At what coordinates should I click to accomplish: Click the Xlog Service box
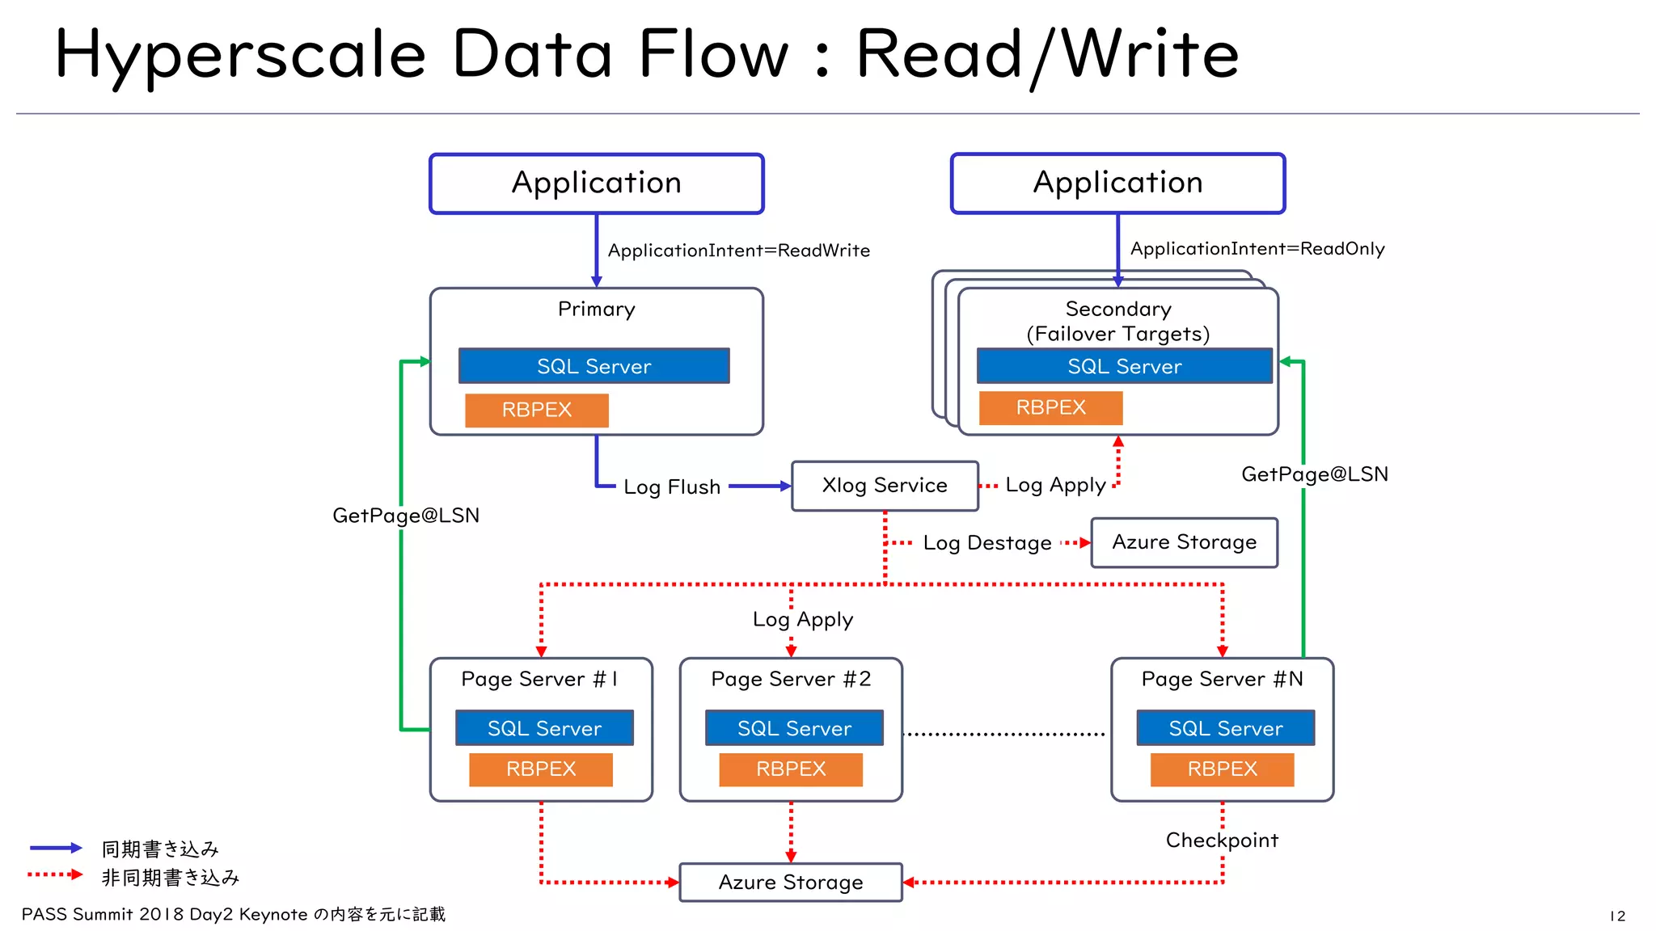click(x=885, y=486)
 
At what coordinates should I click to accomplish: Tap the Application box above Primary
click(x=596, y=183)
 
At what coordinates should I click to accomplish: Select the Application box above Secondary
click(x=1117, y=183)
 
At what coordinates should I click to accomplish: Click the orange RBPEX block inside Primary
click(x=537, y=410)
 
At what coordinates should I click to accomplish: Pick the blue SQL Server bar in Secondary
click(x=1124, y=366)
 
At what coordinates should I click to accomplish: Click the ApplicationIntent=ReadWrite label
click(x=738, y=251)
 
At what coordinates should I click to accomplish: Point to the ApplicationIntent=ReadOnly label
click(x=1257, y=249)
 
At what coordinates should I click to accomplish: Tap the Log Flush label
click(x=672, y=487)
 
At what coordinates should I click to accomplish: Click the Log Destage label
click(x=987, y=543)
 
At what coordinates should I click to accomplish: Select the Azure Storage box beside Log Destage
click(x=1184, y=542)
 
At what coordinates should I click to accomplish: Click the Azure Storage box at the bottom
click(x=790, y=882)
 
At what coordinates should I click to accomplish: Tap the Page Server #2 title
click(x=791, y=679)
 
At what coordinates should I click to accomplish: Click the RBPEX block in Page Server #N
click(x=1222, y=769)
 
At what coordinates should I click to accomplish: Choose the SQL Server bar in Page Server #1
click(x=544, y=728)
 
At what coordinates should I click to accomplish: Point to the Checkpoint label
click(x=1222, y=840)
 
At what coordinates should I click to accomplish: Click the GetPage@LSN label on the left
click(x=406, y=516)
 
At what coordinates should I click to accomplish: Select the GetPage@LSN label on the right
click(x=1314, y=474)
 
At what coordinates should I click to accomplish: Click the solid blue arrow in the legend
click(x=56, y=848)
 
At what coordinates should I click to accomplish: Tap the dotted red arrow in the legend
click(x=55, y=874)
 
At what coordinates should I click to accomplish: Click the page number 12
click(x=1617, y=916)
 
